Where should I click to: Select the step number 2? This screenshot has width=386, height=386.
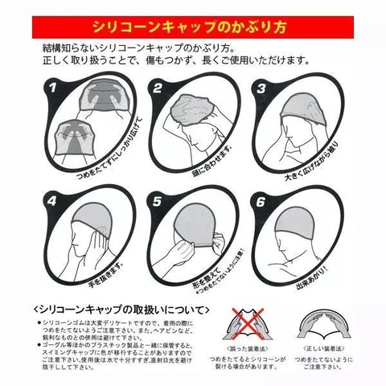pyautogui.click(x=160, y=88)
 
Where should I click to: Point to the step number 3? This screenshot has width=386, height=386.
pyautogui.click(x=261, y=88)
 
